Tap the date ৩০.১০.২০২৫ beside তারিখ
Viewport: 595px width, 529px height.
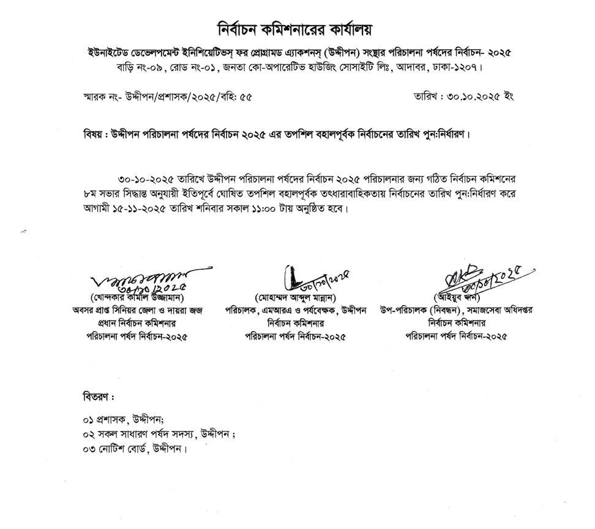pyautogui.click(x=466, y=97)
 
